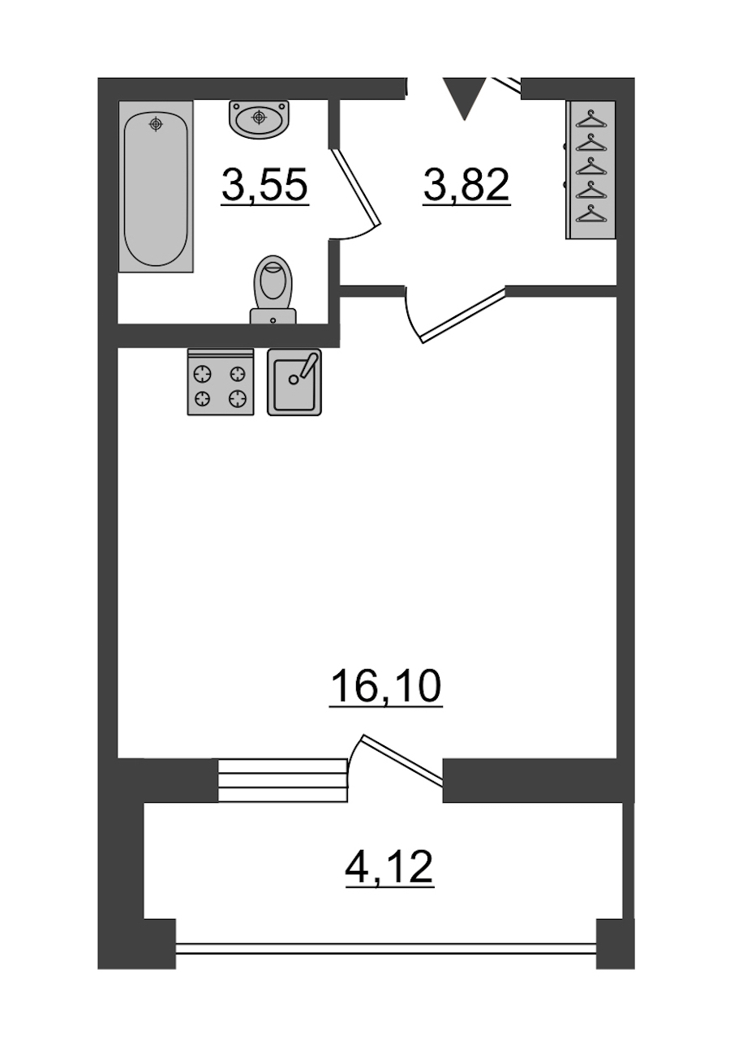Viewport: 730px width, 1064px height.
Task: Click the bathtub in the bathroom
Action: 156,187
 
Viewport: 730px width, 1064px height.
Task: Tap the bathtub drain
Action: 156,124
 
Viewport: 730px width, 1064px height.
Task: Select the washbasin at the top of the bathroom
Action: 259,119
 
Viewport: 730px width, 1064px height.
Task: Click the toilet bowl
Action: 273,281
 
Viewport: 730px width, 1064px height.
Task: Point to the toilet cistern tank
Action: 273,316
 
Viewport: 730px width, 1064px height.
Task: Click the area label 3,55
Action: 265,187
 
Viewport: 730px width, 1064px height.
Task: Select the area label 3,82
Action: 466,187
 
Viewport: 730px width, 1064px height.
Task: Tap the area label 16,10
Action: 386,688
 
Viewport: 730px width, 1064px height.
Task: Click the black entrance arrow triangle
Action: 465,98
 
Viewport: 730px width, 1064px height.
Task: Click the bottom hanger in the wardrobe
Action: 591,214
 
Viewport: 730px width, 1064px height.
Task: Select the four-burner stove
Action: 221,382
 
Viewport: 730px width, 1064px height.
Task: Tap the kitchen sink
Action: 294,382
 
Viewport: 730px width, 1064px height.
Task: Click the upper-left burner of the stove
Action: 203,375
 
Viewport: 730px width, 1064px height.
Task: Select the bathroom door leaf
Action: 356,187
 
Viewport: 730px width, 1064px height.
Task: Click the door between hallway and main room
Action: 463,315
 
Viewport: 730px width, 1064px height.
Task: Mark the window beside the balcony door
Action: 282,781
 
